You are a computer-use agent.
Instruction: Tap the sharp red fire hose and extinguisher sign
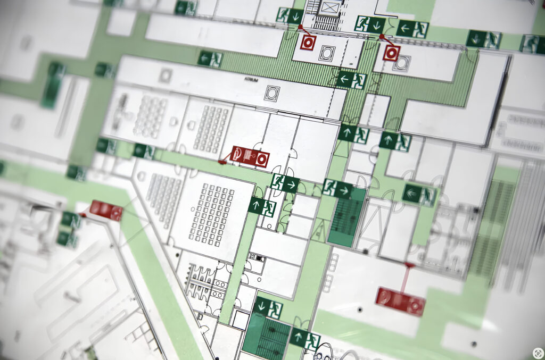click(x=250, y=156)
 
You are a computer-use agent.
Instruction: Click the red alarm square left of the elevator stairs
click(x=308, y=42)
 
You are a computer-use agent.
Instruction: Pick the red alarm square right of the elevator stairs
click(x=391, y=53)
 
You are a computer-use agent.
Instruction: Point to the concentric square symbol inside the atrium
click(x=272, y=93)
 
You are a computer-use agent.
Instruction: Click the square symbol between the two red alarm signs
click(x=326, y=52)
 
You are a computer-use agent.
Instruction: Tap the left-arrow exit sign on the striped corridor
click(x=352, y=80)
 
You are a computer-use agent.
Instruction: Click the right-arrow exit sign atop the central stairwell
click(x=337, y=188)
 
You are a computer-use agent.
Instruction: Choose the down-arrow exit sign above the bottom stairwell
click(x=267, y=307)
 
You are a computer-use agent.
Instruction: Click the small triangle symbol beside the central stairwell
click(x=319, y=230)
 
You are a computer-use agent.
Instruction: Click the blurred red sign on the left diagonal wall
click(x=105, y=210)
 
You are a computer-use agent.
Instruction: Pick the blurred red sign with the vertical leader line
click(x=400, y=300)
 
